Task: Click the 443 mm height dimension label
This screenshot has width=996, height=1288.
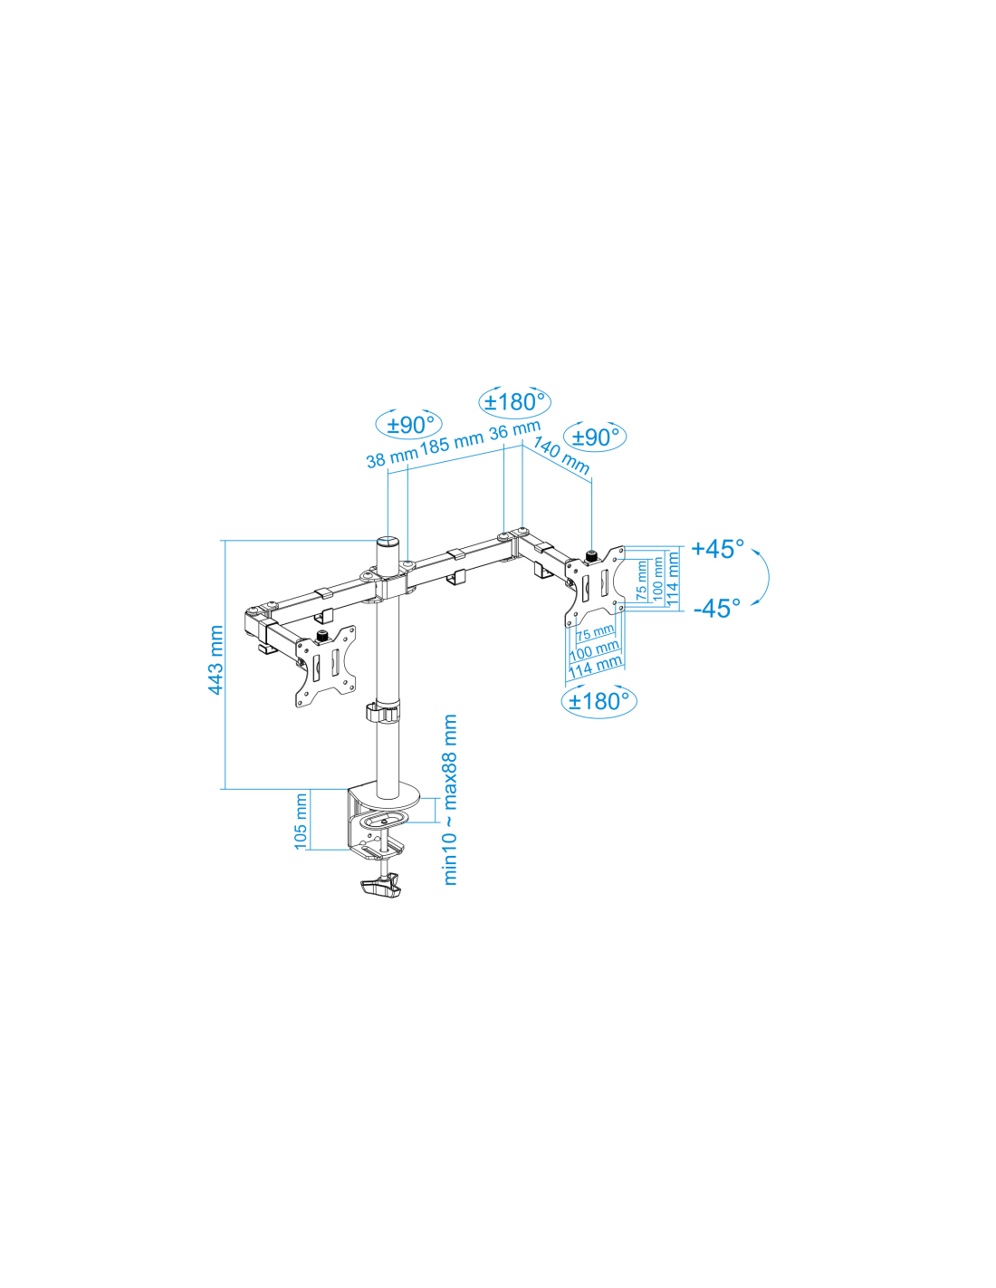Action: coord(215,659)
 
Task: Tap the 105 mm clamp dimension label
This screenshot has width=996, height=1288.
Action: coord(301,821)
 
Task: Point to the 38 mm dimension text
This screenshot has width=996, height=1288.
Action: coord(392,458)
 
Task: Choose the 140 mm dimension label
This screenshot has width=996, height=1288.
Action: coord(561,456)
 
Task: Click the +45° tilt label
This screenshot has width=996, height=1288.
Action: coord(717,549)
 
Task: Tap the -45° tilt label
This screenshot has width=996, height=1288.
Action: coord(717,608)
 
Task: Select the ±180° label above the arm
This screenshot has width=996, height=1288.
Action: coord(514,402)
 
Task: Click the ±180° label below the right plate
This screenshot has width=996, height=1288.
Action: coord(599,701)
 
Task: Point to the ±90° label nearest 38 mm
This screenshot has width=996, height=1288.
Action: coord(409,425)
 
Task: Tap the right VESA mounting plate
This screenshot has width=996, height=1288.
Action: coord(594,586)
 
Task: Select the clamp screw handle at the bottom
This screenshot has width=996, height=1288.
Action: coord(379,904)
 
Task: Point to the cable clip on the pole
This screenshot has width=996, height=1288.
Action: coord(382,712)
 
